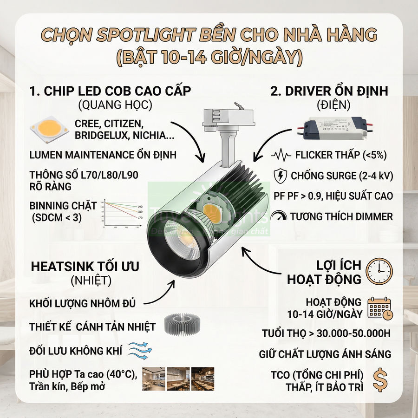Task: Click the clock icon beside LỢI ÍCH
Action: click(x=379, y=272)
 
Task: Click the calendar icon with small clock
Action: click(x=379, y=307)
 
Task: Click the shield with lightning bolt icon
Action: click(x=281, y=176)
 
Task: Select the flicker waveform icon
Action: click(x=281, y=155)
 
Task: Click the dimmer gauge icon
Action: click(x=279, y=216)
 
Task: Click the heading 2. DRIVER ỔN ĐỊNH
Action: click(x=329, y=91)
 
